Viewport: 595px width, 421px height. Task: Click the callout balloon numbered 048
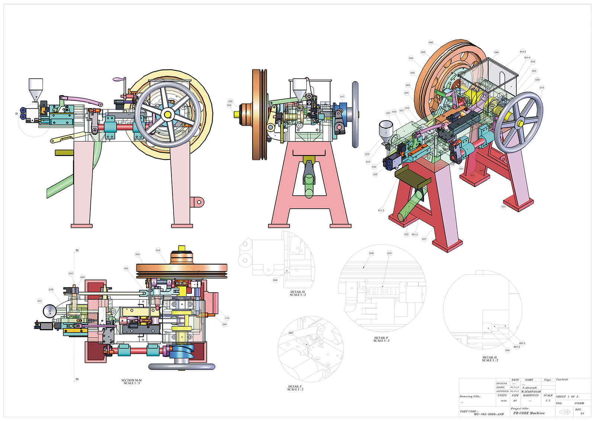pyautogui.click(x=431, y=42)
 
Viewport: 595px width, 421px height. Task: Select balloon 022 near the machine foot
pyautogui.click(x=504, y=207)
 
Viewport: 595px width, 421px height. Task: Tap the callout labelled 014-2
pyautogui.click(x=523, y=52)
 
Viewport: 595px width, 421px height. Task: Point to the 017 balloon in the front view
pyautogui.click(x=342, y=97)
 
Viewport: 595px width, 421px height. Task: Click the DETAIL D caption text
pyautogui.click(x=297, y=293)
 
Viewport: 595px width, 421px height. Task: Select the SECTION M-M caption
pyautogui.click(x=132, y=382)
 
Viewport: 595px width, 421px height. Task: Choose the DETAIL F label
pyautogui.click(x=295, y=388)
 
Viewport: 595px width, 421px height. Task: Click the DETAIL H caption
pyautogui.click(x=490, y=359)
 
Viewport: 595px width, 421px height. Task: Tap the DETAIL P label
pyautogui.click(x=382, y=339)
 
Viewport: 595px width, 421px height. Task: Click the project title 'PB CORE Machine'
pyautogui.click(x=529, y=413)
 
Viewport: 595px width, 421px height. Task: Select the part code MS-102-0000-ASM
pyautogui.click(x=489, y=414)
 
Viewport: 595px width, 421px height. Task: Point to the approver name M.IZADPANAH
pyautogui.click(x=531, y=392)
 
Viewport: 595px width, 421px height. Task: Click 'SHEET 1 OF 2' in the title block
pyautogui.click(x=567, y=397)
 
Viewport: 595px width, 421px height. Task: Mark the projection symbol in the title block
pyautogui.click(x=565, y=412)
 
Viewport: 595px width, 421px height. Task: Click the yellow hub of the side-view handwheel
pyautogui.click(x=167, y=114)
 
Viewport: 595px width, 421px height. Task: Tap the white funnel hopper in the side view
pyautogui.click(x=36, y=89)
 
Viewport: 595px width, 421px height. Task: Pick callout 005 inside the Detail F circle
pyautogui.click(x=291, y=333)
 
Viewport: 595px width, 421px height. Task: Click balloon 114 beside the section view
pyautogui.click(x=227, y=318)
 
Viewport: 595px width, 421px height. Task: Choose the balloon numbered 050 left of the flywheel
pyautogui.click(x=230, y=101)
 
